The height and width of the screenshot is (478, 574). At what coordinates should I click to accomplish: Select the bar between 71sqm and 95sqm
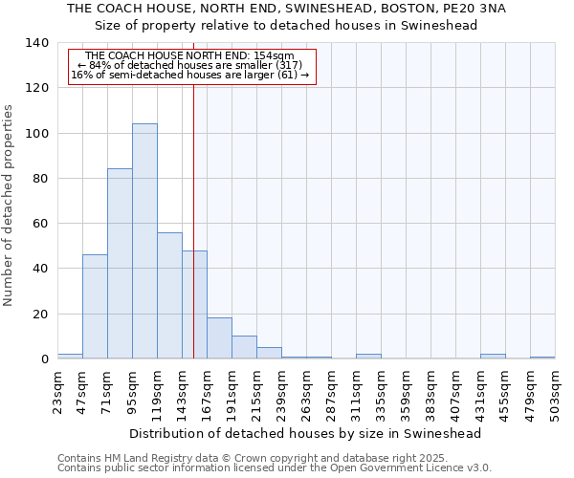pyautogui.click(x=120, y=264)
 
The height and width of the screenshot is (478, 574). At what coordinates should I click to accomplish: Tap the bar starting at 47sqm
pyautogui.click(x=95, y=306)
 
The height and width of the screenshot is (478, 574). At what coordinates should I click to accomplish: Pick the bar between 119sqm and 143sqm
pyautogui.click(x=169, y=295)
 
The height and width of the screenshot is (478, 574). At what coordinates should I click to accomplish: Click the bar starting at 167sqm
pyautogui.click(x=219, y=338)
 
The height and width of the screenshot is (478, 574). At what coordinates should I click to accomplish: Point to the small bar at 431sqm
pyautogui.click(x=493, y=357)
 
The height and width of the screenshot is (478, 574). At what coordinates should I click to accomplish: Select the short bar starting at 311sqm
pyautogui.click(x=368, y=357)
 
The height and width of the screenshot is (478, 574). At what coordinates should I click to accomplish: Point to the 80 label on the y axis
pyautogui.click(x=40, y=179)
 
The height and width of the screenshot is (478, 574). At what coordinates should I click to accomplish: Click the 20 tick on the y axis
pyautogui.click(x=40, y=315)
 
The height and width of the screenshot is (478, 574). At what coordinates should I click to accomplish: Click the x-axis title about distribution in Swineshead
pyautogui.click(x=304, y=433)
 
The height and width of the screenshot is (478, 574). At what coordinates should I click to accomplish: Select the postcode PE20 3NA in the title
pyautogui.click(x=473, y=9)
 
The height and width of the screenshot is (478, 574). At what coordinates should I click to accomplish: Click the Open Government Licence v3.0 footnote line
pyautogui.click(x=275, y=468)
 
